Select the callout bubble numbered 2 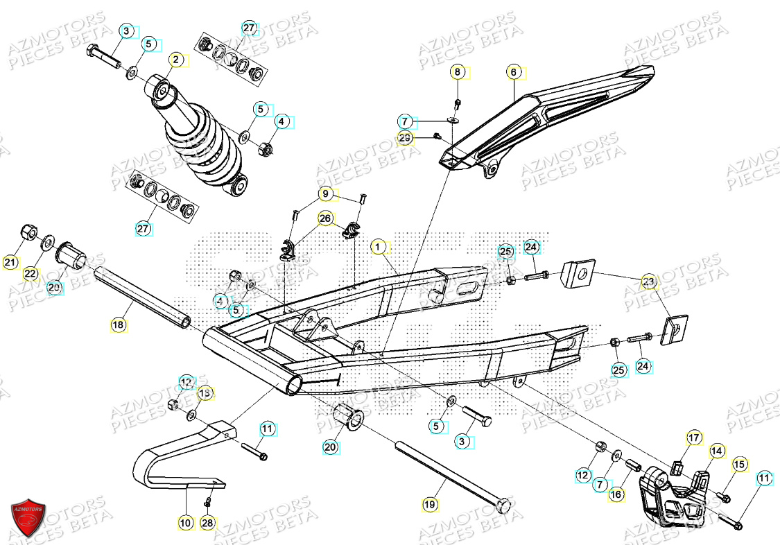176,60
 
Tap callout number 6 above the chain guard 513,72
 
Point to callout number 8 457,72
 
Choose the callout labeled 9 324,194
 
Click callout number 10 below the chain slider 184,523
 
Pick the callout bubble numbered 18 119,324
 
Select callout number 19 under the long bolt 429,505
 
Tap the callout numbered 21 10,263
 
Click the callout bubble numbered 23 648,282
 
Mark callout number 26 324,219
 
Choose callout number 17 694,438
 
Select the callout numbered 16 616,494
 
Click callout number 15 739,465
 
